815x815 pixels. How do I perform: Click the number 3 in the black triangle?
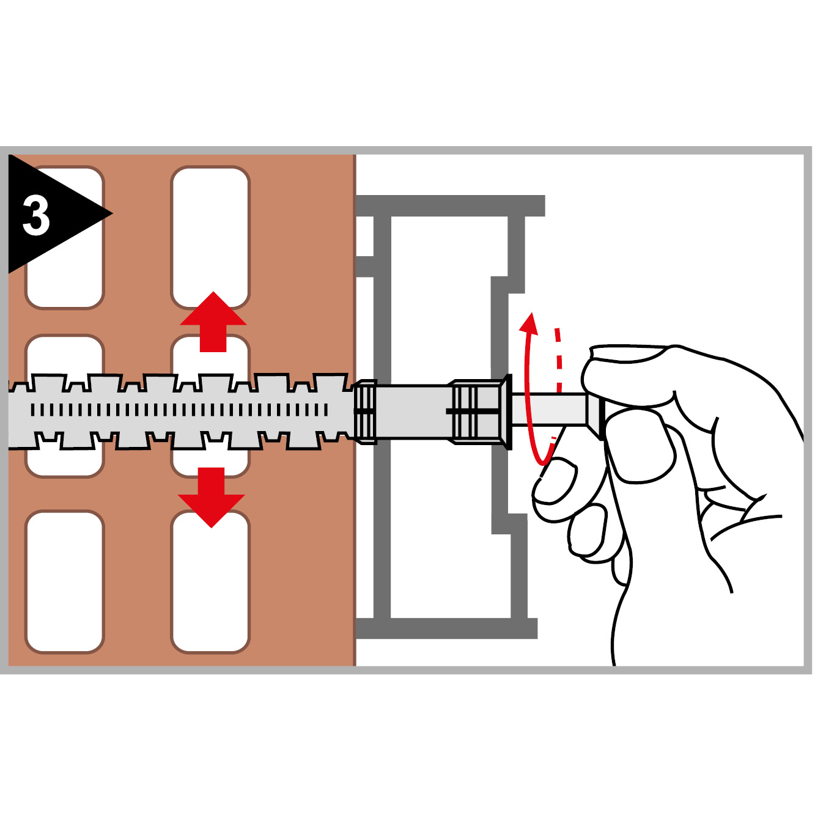point(36,216)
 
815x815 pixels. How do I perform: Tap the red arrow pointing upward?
point(213,321)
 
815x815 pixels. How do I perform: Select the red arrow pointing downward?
point(212,497)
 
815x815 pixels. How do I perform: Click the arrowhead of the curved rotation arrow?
point(529,324)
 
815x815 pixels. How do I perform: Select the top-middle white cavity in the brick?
point(210,237)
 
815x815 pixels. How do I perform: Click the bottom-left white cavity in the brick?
point(64,581)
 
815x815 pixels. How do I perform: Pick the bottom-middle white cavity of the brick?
point(210,581)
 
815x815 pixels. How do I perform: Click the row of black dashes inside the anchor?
point(179,410)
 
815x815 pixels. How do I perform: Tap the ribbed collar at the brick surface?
point(364,411)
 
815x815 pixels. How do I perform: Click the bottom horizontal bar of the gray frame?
point(446,629)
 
